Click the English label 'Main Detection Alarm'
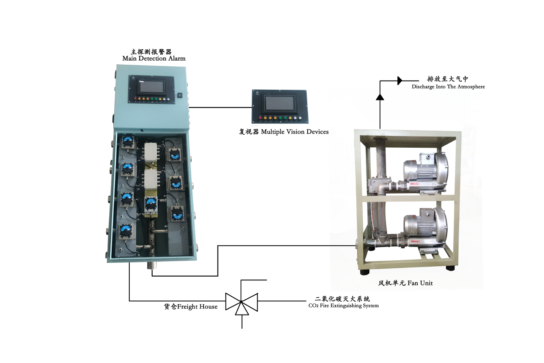154,59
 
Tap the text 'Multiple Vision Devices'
295,132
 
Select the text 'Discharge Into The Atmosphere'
448,87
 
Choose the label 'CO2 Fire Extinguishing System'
341,305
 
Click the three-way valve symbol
242,302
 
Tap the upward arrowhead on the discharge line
380,97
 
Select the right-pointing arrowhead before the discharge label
400,80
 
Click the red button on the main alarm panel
135,99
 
